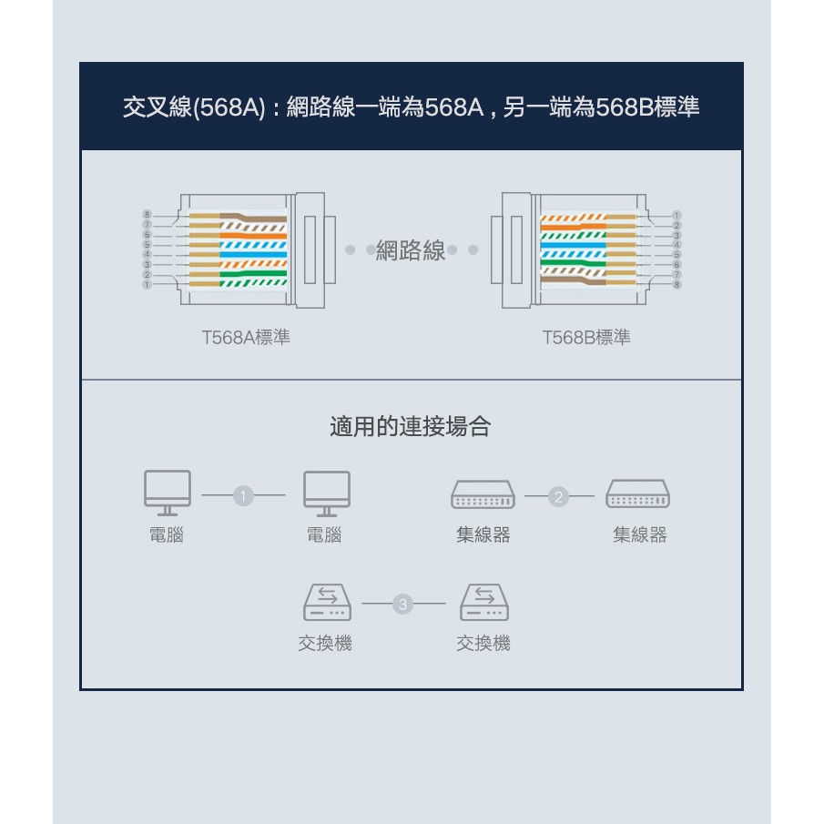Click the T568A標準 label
coord(246,338)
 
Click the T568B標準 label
coord(586,338)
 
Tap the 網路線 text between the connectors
coord(411,250)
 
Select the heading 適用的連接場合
coord(411,426)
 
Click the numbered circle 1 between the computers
coord(243,495)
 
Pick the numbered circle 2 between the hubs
coord(558,496)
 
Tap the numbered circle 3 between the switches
coord(402,605)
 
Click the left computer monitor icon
coord(168,493)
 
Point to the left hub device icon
coord(483,494)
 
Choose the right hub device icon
coord(638,493)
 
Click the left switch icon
coord(328,602)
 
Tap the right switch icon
coord(484,602)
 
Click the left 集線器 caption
coord(483,535)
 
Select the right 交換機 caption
coord(483,643)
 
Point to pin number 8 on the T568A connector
coord(148,214)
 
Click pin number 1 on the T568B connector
coord(676,216)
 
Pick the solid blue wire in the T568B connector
coord(573,245)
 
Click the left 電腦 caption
coord(167,535)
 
